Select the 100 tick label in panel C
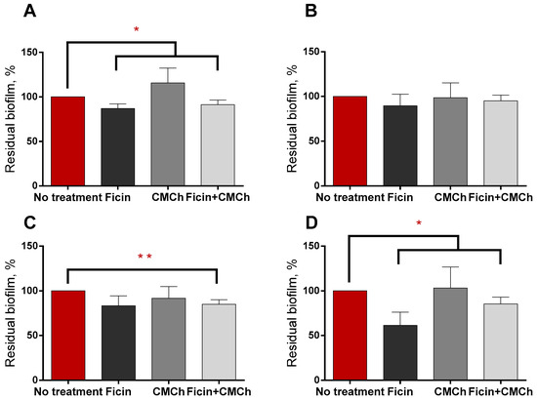[x=35, y=291]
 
